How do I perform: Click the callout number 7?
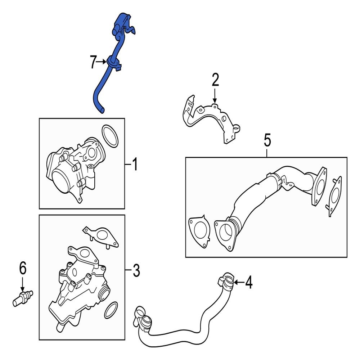point(93,63)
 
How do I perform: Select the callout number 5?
point(267,140)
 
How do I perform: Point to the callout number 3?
point(135,270)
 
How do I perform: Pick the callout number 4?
point(248,283)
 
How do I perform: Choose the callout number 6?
point(22,268)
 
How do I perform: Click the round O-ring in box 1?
point(109,136)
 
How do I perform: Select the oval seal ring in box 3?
point(111,310)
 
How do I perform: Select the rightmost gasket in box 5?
point(335,196)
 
